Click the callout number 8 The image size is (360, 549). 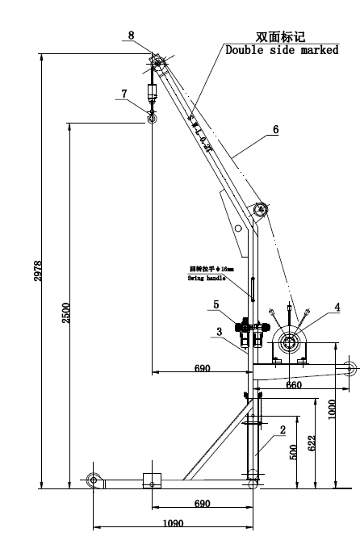coord(131,36)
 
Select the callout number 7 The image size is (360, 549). coord(123,93)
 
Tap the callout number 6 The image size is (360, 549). coord(276,128)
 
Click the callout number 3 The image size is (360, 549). coord(219,331)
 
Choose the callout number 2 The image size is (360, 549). coord(283,430)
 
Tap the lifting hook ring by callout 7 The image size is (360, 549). coord(150,119)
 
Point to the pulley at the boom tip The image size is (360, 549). coord(157,62)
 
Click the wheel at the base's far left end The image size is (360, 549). coord(94,481)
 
